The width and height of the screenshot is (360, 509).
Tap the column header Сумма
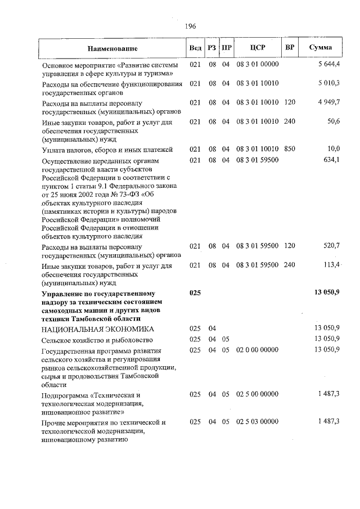pos(321,47)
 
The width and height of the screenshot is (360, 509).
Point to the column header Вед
pos(195,48)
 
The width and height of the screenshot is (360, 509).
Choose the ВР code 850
pos(290,149)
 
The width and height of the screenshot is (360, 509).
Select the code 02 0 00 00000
pos(257,350)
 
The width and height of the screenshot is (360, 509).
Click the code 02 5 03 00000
pos(257,422)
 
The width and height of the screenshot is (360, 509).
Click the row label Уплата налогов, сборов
pos(99,150)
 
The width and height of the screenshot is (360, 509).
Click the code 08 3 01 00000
pos(257,65)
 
